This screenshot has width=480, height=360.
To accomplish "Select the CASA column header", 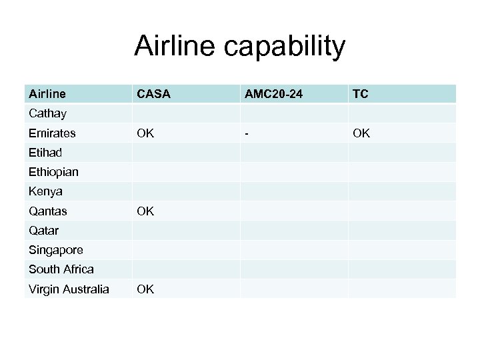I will point(154,95).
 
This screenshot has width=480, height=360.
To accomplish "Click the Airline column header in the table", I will point(47,95).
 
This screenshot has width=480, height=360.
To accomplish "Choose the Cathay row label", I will point(47,114).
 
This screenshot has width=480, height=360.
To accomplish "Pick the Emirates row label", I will point(52,133).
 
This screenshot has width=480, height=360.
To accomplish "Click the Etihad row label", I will point(45,153).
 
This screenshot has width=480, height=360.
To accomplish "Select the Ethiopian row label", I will point(53,172).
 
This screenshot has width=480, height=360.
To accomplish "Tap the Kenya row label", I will point(45,191).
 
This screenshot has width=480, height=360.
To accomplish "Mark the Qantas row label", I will point(48,211).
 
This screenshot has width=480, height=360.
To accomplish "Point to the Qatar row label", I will point(43,231).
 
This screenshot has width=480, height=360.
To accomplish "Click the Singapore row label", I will point(55,250).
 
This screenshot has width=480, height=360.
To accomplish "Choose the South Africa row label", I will point(61,269).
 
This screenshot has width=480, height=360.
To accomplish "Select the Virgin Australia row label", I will point(69,289).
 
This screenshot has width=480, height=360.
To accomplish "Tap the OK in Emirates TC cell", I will point(360,133).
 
